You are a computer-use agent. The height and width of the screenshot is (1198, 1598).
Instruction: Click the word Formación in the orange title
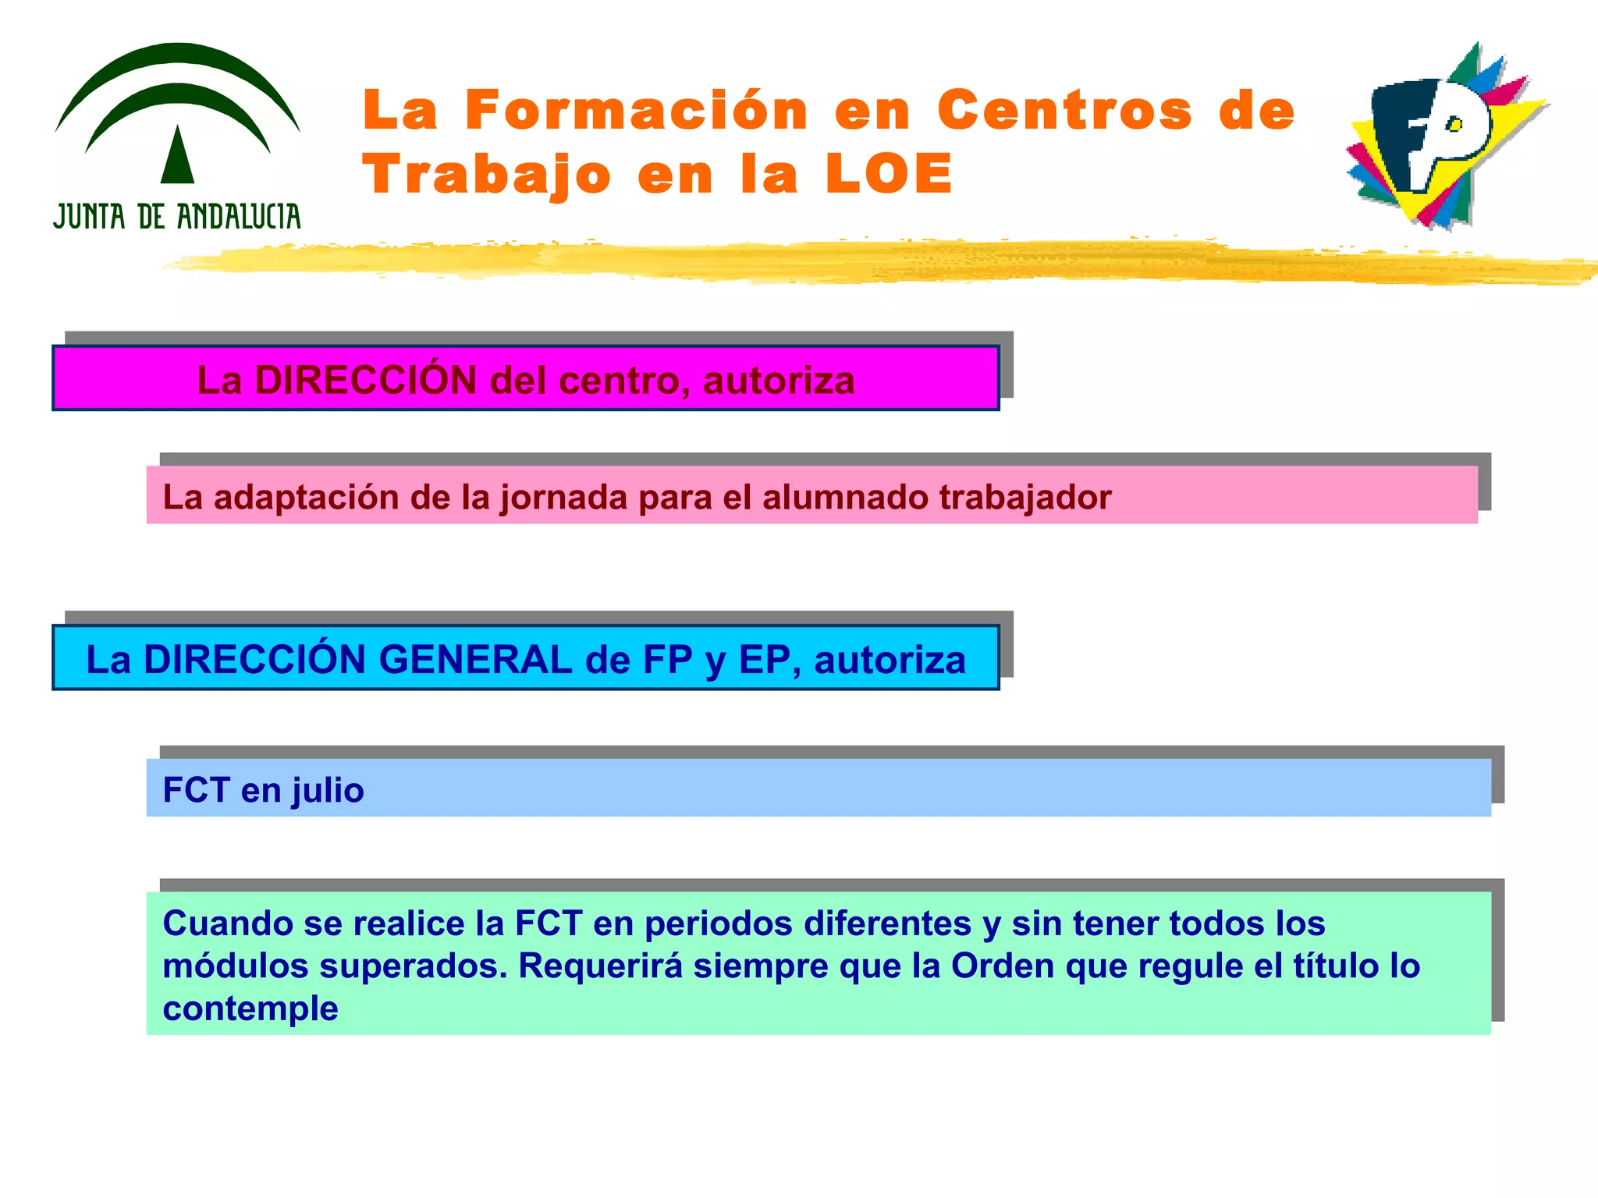[x=636, y=110]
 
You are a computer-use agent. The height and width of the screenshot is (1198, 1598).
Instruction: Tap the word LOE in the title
[x=889, y=174]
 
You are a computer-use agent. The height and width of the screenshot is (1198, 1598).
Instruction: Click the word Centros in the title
[x=1064, y=110]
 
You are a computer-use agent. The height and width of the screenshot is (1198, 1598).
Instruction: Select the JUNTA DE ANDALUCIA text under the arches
[x=177, y=217]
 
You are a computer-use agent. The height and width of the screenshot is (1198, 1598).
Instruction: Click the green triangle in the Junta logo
[x=177, y=156]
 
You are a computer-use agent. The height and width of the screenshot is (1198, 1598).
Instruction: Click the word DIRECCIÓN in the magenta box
[x=366, y=381]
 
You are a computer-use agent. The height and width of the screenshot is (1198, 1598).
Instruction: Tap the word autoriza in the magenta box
[x=778, y=381]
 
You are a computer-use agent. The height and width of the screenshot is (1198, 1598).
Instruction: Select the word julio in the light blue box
[x=328, y=791]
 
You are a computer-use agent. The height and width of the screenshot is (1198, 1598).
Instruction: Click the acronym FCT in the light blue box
[x=196, y=790]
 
